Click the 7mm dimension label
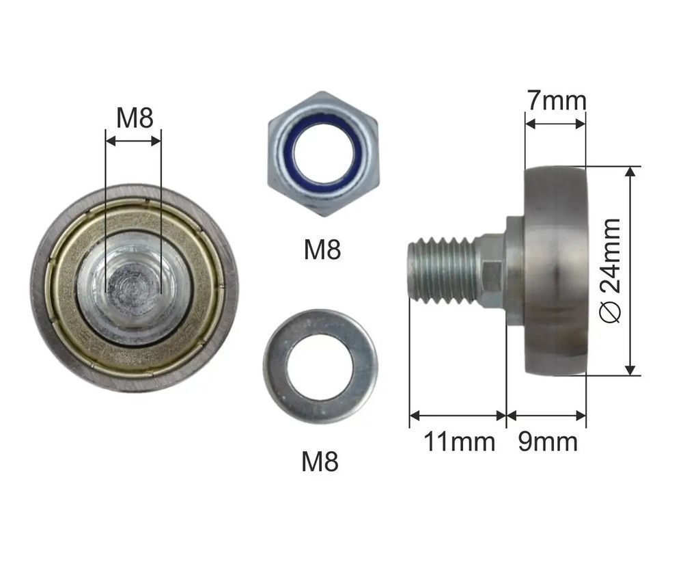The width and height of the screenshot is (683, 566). (x=556, y=100)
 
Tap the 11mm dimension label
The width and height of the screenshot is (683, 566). (x=460, y=442)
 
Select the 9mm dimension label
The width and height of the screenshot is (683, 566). (x=548, y=442)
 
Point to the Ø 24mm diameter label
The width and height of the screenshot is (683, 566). (x=610, y=271)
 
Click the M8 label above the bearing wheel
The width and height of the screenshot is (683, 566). (x=135, y=118)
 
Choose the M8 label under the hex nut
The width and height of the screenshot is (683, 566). (x=322, y=250)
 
